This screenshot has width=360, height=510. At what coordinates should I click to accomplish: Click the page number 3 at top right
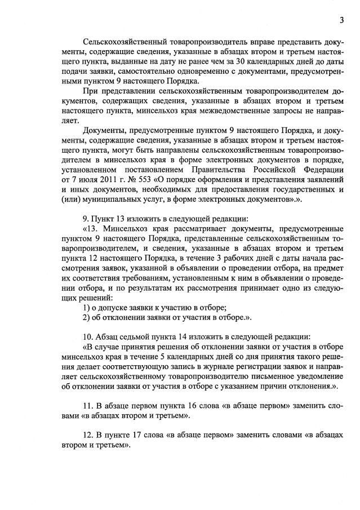pyautogui.click(x=341, y=21)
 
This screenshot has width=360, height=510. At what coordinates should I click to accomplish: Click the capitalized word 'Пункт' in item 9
pyautogui.click(x=104, y=219)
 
